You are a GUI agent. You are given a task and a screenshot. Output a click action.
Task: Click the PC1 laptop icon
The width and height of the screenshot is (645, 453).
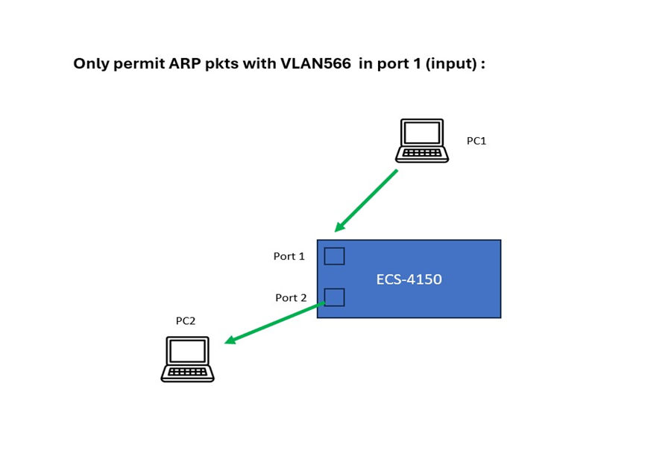click(x=422, y=140)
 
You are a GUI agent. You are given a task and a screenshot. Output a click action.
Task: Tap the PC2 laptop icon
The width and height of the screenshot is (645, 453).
click(x=187, y=359)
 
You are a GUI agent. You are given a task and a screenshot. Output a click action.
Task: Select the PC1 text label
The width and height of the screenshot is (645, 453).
click(x=476, y=141)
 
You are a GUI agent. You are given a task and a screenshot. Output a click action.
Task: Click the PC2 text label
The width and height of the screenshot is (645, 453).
click(x=186, y=321)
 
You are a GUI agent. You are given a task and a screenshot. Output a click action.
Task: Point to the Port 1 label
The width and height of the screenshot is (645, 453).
click(x=289, y=256)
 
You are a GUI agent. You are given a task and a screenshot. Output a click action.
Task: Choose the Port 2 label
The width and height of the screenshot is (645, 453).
click(x=291, y=298)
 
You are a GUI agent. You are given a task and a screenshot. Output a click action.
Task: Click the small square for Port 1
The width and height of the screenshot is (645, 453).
click(x=334, y=256)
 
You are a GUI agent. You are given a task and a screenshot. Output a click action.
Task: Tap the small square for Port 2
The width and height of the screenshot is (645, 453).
click(x=334, y=297)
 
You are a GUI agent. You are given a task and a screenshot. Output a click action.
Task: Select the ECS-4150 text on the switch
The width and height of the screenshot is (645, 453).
click(x=409, y=279)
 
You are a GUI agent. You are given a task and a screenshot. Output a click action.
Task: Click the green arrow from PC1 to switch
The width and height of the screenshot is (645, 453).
click(x=367, y=200)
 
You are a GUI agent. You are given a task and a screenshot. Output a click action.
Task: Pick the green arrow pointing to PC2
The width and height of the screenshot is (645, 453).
click(x=274, y=323)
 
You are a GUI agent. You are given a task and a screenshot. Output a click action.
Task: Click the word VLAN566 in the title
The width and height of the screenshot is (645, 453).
click(x=315, y=64)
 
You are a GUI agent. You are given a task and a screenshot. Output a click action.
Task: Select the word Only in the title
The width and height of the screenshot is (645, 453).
click(x=90, y=64)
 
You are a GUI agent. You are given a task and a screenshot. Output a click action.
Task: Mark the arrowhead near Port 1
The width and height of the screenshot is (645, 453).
click(x=340, y=226)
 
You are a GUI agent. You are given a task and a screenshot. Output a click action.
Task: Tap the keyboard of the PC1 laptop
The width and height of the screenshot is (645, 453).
click(x=422, y=153)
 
